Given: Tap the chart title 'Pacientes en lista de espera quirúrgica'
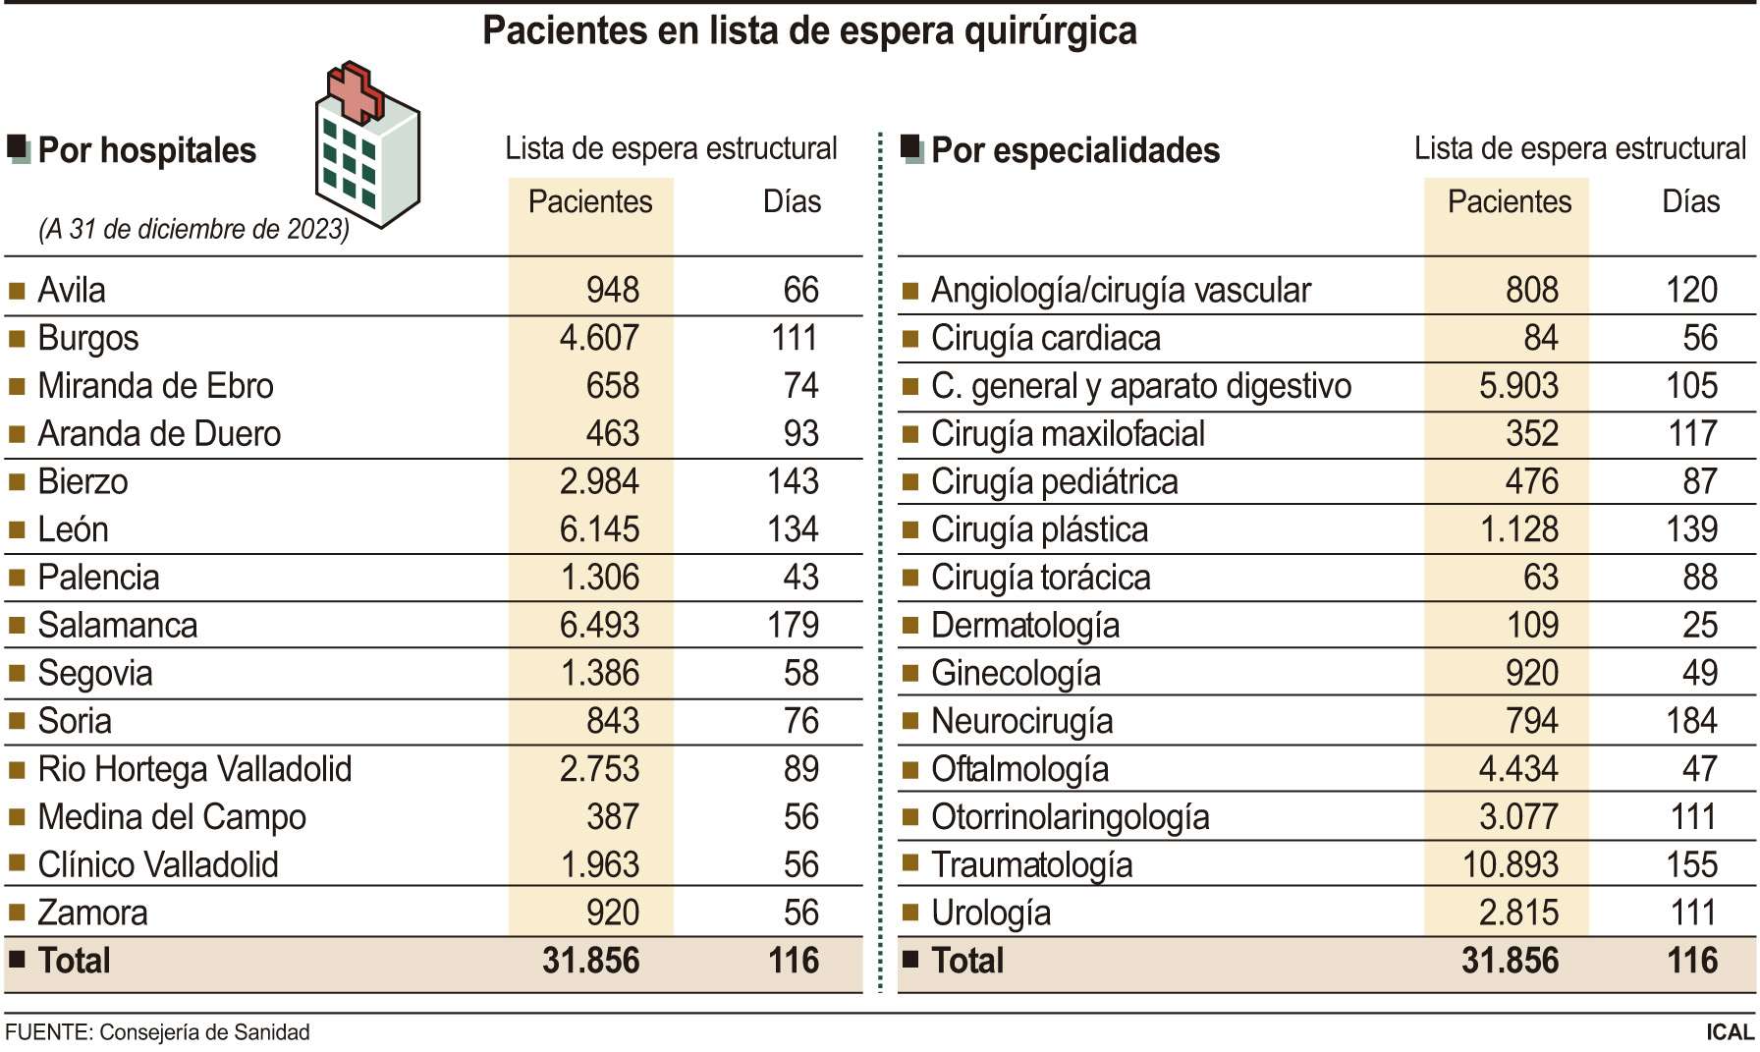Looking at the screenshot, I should (x=809, y=31).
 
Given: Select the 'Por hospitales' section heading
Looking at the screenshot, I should (x=146, y=150).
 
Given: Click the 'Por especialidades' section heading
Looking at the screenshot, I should (x=1074, y=150).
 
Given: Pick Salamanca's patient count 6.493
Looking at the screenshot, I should (x=599, y=626).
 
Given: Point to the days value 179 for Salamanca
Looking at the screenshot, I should (x=793, y=626).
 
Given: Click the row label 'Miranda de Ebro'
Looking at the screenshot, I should (x=155, y=386).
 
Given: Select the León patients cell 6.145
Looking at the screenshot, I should (x=599, y=529).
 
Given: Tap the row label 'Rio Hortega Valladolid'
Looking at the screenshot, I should (x=194, y=769).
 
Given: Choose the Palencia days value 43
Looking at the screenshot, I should (x=800, y=578).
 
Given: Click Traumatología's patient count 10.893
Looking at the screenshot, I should (x=1510, y=865).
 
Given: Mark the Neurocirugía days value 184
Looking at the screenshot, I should (x=1691, y=721).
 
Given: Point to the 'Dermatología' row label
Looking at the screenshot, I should (x=1024, y=626).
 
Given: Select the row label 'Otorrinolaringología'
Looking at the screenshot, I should (x=1070, y=817).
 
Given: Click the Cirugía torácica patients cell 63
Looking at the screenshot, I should (x=1540, y=578).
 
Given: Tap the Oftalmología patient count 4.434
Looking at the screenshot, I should (x=1517, y=769).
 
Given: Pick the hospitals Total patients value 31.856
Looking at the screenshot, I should (x=590, y=961).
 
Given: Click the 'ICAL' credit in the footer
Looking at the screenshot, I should (x=1730, y=1032).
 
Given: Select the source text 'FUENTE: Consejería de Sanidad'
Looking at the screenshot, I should (x=157, y=1032).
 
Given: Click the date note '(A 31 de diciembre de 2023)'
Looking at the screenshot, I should (x=193, y=229).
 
